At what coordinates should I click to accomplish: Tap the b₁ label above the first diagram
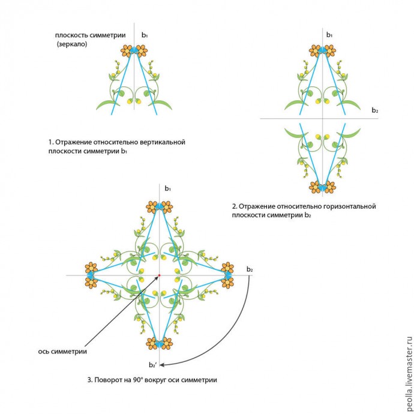(145, 35)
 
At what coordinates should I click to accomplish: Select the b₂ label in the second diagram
(375, 110)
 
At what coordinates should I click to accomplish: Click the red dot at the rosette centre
(159, 275)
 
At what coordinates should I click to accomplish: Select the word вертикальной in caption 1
(160, 142)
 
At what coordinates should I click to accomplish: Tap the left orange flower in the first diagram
(126, 51)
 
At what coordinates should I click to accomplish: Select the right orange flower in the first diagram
(142, 51)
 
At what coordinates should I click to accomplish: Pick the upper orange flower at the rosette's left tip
(91, 267)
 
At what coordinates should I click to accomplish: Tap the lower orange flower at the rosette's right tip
(227, 283)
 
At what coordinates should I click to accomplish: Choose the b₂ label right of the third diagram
(249, 269)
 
